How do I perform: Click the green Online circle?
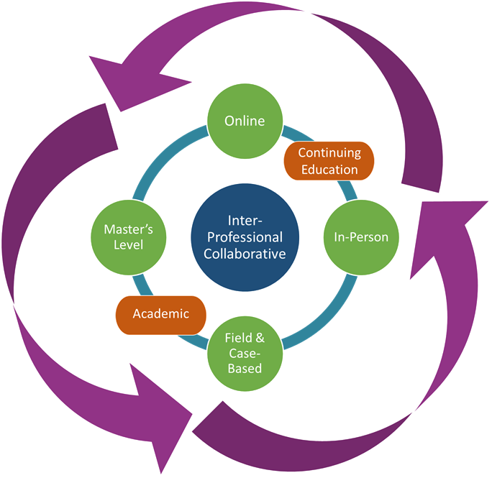244,120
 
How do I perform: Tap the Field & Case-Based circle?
245,353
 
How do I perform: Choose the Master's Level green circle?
128,236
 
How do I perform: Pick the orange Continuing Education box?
329,160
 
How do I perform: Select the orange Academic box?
161,313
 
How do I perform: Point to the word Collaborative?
245,253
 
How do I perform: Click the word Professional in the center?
245,236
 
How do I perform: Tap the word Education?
329,170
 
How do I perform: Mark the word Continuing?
329,152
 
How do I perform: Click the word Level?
128,245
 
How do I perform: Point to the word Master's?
128,229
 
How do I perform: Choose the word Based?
245,369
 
